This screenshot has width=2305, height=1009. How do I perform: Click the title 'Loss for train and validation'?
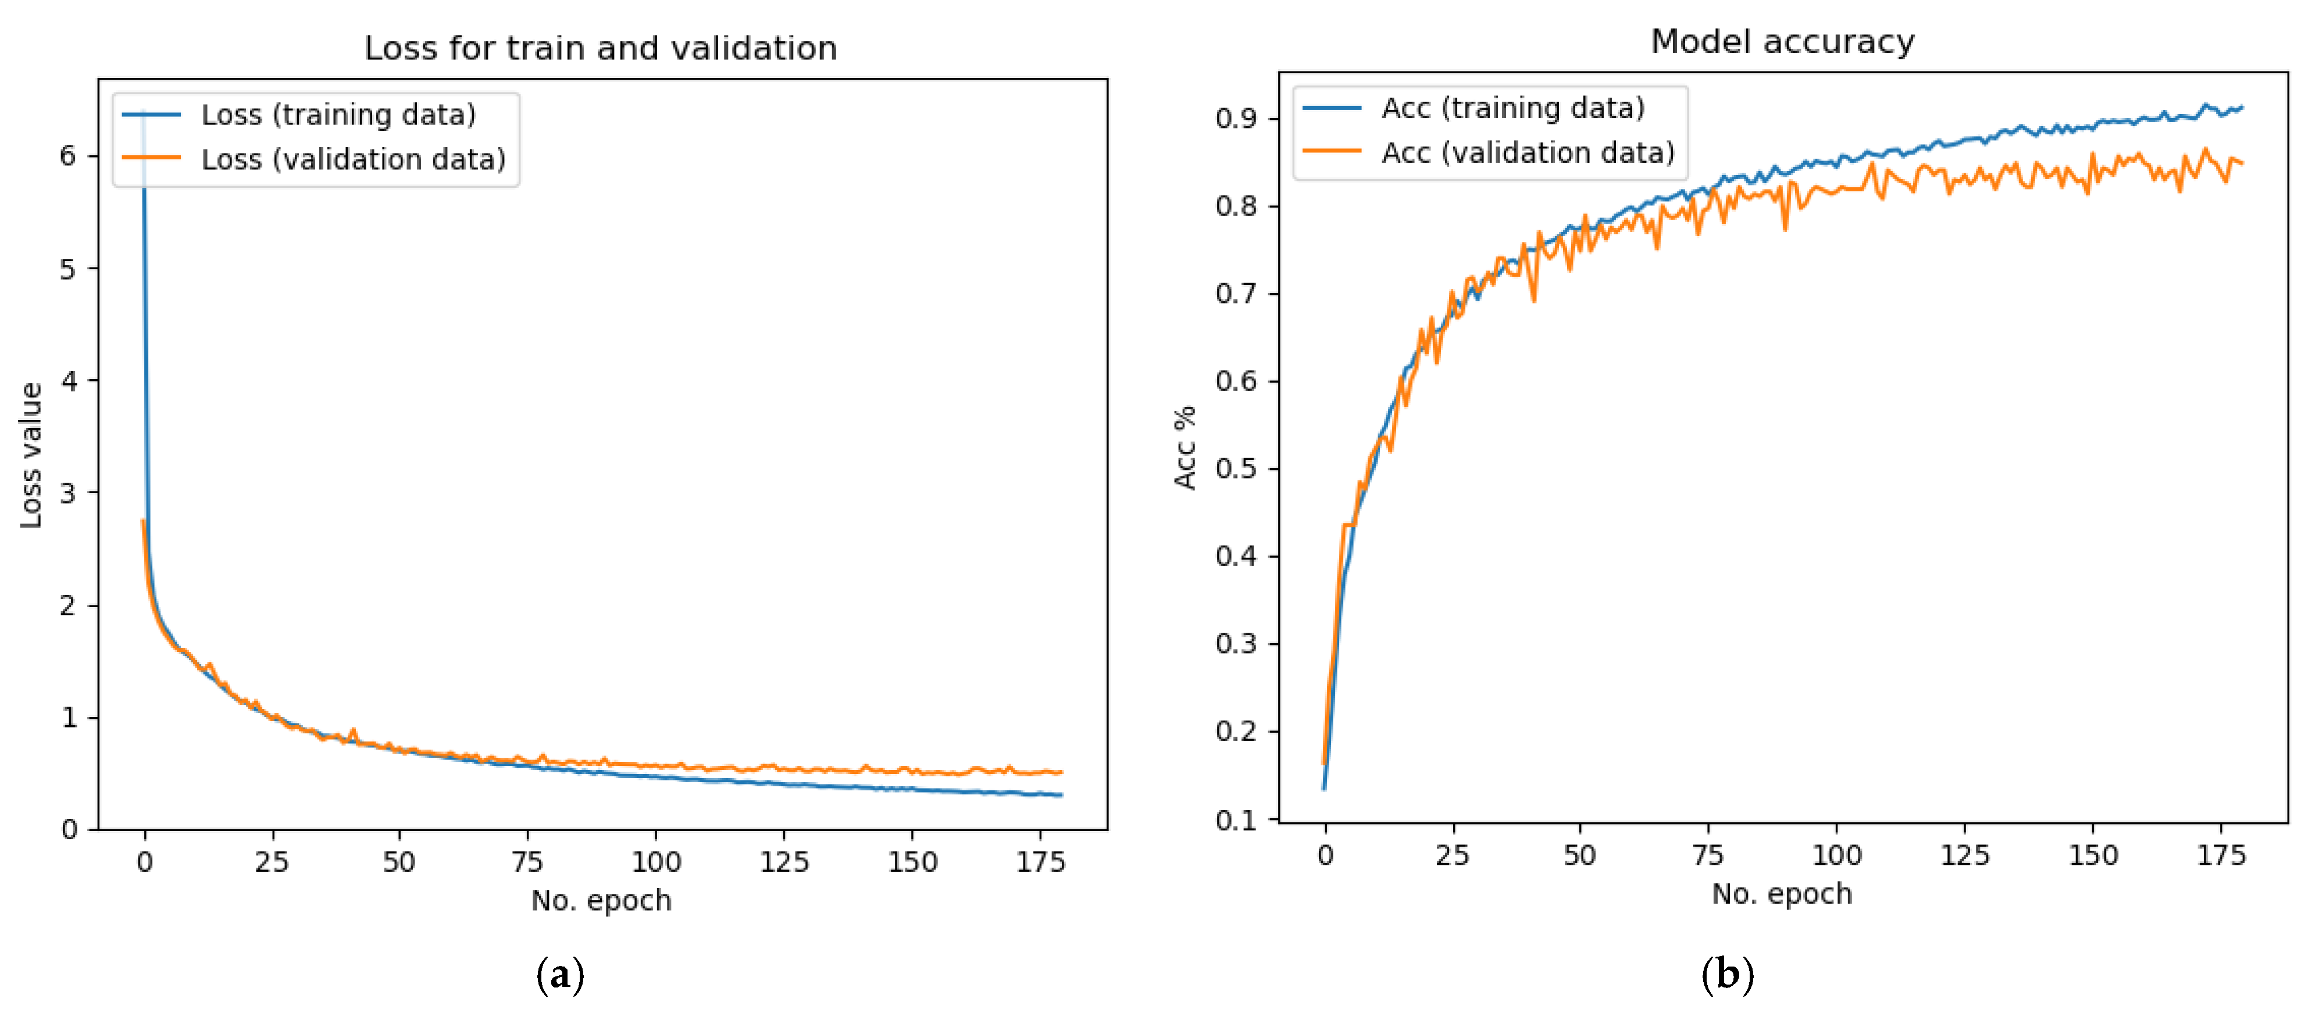click(x=601, y=48)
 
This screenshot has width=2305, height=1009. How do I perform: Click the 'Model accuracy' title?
click(x=1782, y=42)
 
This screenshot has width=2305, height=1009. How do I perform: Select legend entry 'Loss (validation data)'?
click(x=352, y=159)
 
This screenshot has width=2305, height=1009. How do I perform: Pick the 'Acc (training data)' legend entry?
click(x=1512, y=108)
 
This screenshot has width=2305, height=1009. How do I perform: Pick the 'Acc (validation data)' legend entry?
click(x=1528, y=153)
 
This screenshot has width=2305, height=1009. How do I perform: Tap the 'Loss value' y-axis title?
click(x=31, y=455)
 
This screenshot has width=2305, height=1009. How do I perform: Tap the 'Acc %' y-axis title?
click(x=1184, y=448)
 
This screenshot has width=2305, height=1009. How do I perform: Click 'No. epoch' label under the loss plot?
click(x=601, y=900)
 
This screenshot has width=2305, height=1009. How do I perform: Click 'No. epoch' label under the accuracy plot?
click(x=1782, y=893)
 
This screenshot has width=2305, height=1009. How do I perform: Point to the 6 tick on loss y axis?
click(x=68, y=156)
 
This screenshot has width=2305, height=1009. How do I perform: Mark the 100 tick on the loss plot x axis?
click(x=656, y=862)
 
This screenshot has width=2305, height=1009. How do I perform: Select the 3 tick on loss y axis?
click(x=68, y=493)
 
